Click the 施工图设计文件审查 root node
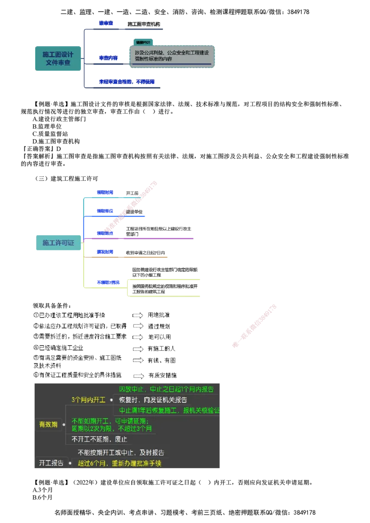point(58,58)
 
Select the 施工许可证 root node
point(58,243)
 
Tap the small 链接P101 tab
point(143,42)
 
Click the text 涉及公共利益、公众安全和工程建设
point(172,53)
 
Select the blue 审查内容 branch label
point(108,58)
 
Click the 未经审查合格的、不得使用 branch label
point(126,82)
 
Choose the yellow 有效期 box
point(48,424)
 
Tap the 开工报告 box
point(51,463)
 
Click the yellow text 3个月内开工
point(88,399)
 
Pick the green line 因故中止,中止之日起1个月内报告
point(166,389)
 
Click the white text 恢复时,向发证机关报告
point(153,400)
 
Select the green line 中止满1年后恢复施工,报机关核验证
point(170,410)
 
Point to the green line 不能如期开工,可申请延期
point(109,421)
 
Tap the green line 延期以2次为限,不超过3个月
point(112,429)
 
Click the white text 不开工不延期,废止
point(99,439)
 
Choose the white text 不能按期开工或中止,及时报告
point(121,453)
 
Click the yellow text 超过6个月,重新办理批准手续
point(119,463)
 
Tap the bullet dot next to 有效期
point(64,424)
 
